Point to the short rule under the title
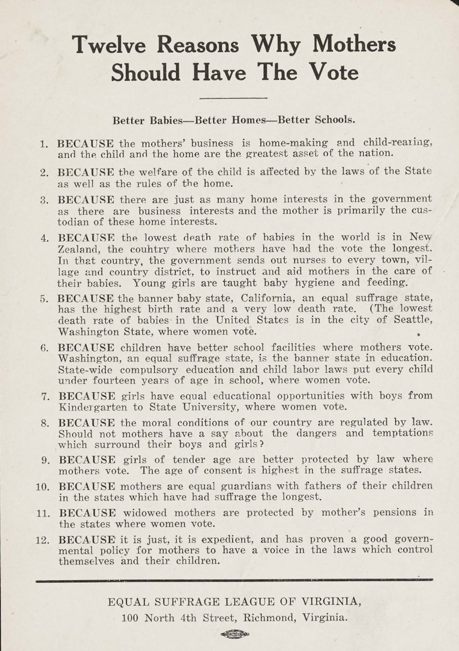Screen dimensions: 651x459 coord(235,99)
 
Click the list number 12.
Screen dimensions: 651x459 coord(41,540)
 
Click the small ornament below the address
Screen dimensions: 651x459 coord(235,634)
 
